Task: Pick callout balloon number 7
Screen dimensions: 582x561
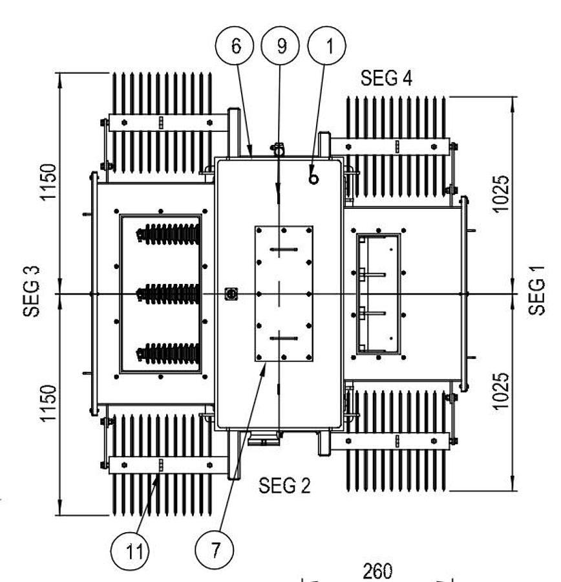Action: coord(215,551)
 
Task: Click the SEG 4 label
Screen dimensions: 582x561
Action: coord(386,78)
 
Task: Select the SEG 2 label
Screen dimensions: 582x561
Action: coord(284,485)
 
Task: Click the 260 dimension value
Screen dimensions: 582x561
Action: coord(377,572)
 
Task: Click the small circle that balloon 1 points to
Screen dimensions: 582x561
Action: coord(313,179)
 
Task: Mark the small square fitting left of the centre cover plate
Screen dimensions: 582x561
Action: coord(229,294)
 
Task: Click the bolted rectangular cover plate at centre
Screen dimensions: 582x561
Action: coord(284,294)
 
